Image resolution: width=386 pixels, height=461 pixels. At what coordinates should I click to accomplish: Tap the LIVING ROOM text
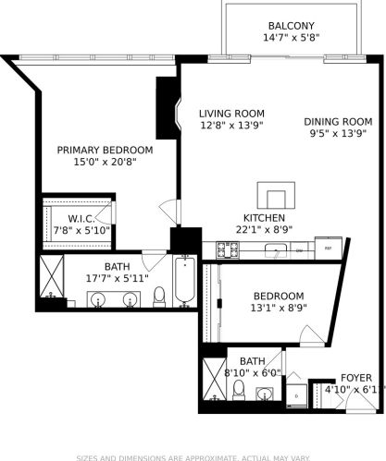[x=230, y=115]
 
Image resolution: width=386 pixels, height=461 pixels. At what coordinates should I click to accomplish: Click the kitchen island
[x=277, y=196]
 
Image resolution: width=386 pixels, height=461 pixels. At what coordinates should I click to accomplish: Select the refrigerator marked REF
[x=327, y=249]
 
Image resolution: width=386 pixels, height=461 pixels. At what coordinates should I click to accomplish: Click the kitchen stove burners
[x=228, y=249]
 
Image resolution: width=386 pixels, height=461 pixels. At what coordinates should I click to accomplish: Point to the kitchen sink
[x=277, y=249]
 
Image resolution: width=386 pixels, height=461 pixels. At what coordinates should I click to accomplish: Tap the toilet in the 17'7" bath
[x=159, y=295]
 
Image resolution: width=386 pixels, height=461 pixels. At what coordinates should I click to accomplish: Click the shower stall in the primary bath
[x=50, y=280]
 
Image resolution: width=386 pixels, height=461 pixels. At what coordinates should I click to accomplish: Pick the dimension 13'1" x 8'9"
[x=279, y=309]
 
